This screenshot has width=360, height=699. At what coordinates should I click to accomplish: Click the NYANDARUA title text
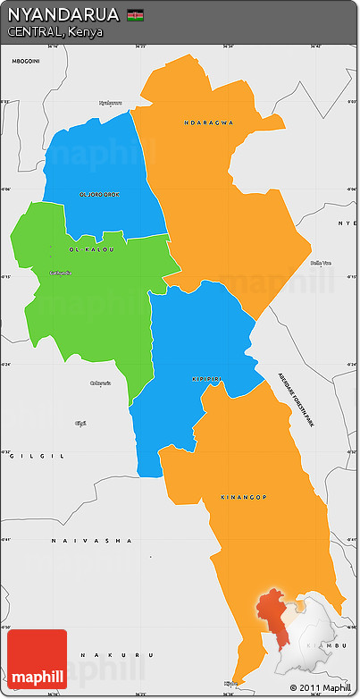[63, 15]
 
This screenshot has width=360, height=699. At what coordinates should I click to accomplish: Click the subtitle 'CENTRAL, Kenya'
[54, 32]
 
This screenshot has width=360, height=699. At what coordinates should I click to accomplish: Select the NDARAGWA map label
[208, 122]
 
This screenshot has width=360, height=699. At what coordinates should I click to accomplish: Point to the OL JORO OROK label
[99, 194]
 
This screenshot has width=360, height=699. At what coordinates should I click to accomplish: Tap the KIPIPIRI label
[207, 379]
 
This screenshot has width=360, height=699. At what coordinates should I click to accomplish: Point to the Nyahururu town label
[111, 102]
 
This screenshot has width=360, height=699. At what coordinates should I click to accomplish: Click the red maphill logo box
[37, 659]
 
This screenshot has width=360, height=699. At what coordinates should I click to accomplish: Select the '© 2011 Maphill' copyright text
[321, 687]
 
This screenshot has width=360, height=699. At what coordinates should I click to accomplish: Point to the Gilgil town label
[80, 422]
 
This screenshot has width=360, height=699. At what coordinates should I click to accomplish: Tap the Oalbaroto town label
[101, 383]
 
